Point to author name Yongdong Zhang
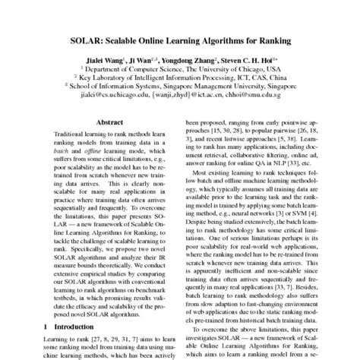186,57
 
